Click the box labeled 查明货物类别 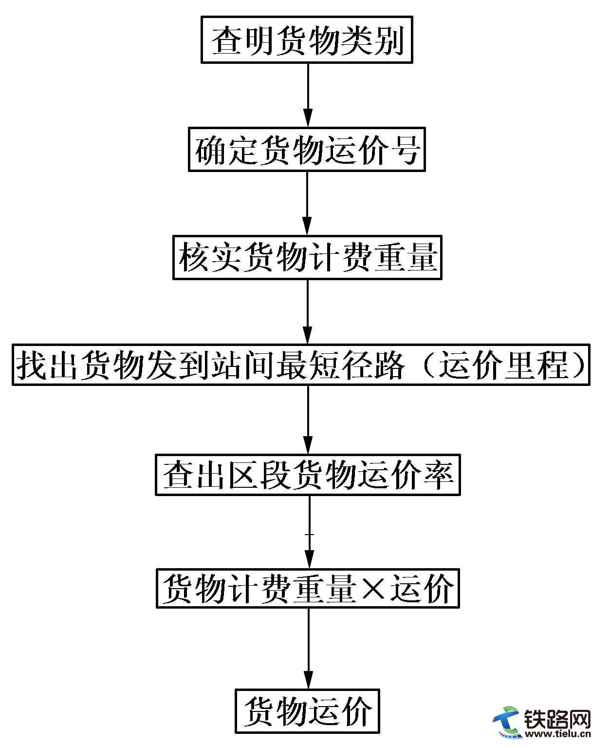click(x=307, y=40)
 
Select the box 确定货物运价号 click(x=307, y=150)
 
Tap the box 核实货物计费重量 click(x=307, y=258)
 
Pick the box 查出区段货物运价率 click(x=308, y=475)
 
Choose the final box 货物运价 click(x=307, y=711)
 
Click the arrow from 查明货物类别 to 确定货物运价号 click(x=307, y=95)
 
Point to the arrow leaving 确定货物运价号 click(x=307, y=203)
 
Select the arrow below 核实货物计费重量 click(x=307, y=312)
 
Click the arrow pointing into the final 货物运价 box click(x=308, y=648)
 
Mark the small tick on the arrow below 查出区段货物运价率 click(x=309, y=535)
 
